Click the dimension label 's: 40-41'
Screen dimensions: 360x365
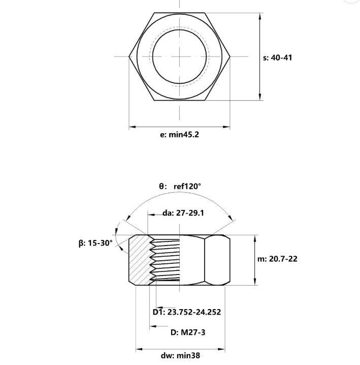pyautogui.click(x=277, y=58)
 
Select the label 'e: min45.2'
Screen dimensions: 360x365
pyautogui.click(x=179, y=135)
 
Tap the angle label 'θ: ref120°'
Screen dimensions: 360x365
pyautogui.click(x=180, y=186)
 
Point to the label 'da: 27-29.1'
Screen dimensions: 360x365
pyautogui.click(x=183, y=213)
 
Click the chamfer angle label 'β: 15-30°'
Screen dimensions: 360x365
pyautogui.click(x=95, y=243)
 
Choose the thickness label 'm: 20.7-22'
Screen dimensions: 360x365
pyautogui.click(x=277, y=259)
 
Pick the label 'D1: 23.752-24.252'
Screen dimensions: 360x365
pyautogui.click(x=187, y=312)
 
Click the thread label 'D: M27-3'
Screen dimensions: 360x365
pyautogui.click(x=188, y=332)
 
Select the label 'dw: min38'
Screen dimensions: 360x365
pyautogui.click(x=180, y=355)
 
